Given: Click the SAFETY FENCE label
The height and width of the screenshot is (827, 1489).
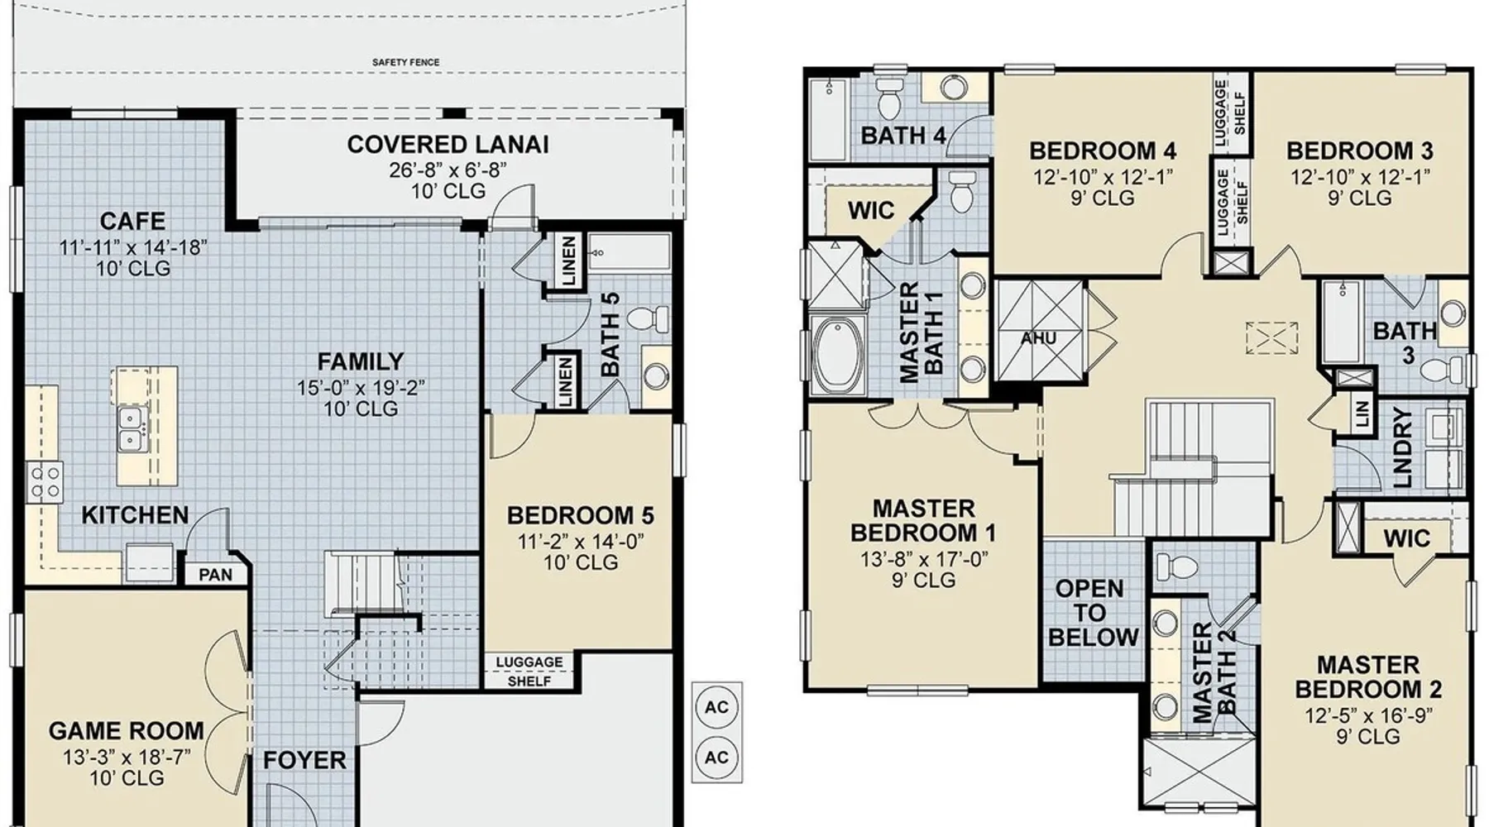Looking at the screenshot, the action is coord(405,62).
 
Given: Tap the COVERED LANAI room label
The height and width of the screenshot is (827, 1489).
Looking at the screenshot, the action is coord(448,145).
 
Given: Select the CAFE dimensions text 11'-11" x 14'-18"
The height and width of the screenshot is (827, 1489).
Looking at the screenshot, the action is coord(132,246).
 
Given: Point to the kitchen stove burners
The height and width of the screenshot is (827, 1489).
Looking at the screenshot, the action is coord(45,482).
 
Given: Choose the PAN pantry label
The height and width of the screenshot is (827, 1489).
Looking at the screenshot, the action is coord(215,574).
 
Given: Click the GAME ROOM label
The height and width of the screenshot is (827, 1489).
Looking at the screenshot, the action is coord(126,731).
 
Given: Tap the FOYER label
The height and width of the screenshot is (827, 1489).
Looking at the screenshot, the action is coord(304,760).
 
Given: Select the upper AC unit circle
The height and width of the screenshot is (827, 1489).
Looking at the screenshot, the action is coord(716,707).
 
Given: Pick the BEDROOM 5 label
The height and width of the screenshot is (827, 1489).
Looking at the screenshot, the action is coord(580,515).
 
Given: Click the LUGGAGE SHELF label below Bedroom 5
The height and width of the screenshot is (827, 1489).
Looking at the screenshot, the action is coord(529,672).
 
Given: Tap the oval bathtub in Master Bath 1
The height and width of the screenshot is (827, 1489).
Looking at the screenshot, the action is coord(838,355).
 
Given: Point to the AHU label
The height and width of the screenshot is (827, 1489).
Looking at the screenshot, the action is coord(1038,338).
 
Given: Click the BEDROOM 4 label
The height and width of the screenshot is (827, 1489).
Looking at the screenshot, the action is coord(1103,151).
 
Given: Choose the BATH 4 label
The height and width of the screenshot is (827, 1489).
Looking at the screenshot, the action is coord(903,135).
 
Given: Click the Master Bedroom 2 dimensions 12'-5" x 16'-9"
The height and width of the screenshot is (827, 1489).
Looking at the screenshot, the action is coord(1368,715).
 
